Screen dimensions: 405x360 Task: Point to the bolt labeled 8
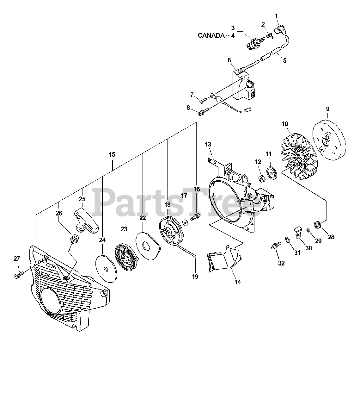203,111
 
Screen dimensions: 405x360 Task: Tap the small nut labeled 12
262,179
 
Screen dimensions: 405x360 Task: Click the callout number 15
112,155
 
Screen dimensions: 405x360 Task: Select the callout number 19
195,277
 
